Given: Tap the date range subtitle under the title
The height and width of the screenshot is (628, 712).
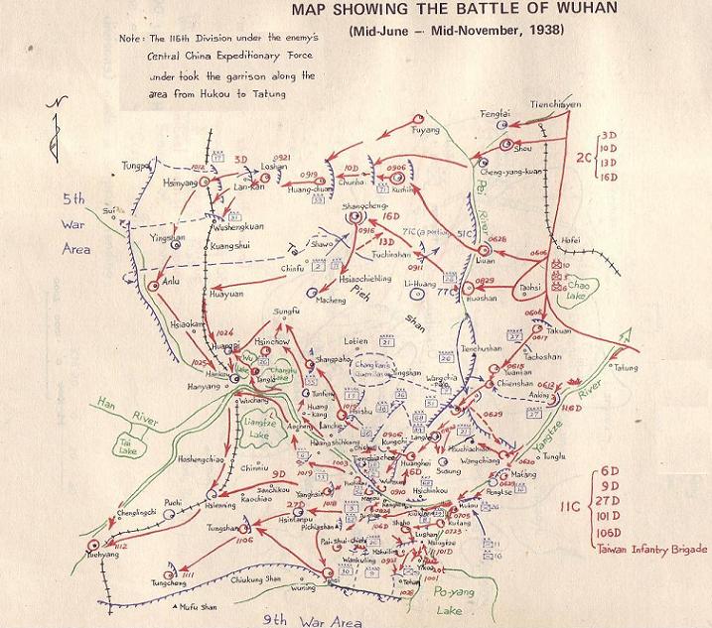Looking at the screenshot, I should [x=456, y=32].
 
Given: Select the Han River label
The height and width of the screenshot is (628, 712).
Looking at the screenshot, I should [x=116, y=409].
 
